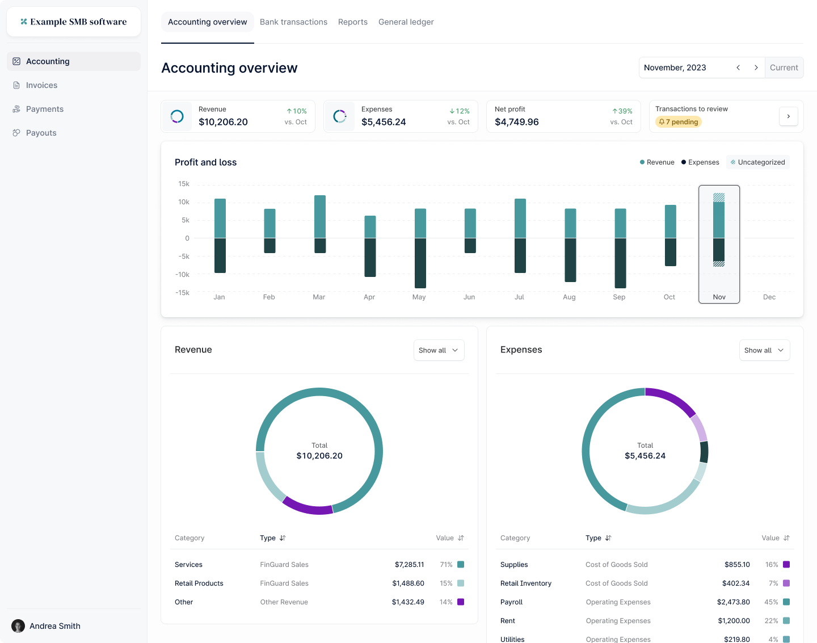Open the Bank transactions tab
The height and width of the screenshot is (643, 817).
coord(293,22)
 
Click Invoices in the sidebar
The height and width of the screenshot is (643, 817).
coord(41,85)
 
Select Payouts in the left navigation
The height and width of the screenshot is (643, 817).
coord(41,133)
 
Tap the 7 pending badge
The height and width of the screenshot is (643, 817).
coord(679,122)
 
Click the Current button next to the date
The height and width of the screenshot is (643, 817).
coord(784,68)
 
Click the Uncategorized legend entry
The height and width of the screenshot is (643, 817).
coord(758,162)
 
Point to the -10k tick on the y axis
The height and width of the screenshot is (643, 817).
coord(182,275)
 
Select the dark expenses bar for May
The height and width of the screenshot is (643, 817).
coord(420,263)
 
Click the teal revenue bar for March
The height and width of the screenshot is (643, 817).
coord(320,216)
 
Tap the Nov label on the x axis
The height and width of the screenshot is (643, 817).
coord(719,297)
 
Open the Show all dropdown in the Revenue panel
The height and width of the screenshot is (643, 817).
coord(439,350)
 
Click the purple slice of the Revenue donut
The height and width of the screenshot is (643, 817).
coord(307,506)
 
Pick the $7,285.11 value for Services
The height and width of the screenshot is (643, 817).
coord(409,565)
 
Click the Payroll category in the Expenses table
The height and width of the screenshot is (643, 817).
coord(511,602)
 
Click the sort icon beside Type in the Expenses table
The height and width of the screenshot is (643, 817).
coord(608,538)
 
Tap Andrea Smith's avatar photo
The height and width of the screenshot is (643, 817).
coord(18,626)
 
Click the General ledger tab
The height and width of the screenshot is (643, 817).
coord(406,22)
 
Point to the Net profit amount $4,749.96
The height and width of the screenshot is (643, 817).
coord(516,122)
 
